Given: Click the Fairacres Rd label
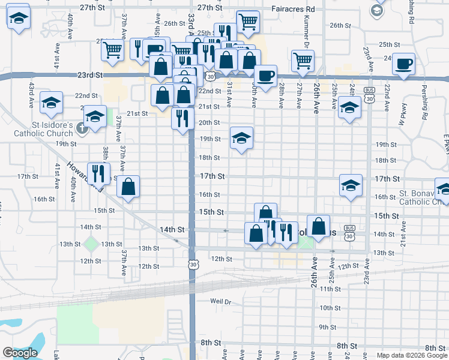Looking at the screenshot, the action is (x=294, y=9).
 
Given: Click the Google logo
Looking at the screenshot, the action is (x=19, y=353).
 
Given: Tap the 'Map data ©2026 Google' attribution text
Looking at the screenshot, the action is (x=411, y=355).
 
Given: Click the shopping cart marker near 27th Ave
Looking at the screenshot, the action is (x=303, y=60).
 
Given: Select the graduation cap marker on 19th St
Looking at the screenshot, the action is (x=241, y=138).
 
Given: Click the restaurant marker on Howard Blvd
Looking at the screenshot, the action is (x=99, y=174).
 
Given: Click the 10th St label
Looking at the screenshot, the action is (x=330, y=308).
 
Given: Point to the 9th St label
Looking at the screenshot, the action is (x=327, y=327).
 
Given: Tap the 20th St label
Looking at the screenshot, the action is (x=209, y=122).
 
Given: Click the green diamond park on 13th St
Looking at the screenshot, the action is (x=91, y=244).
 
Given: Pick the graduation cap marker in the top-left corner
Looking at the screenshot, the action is (x=19, y=16).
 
